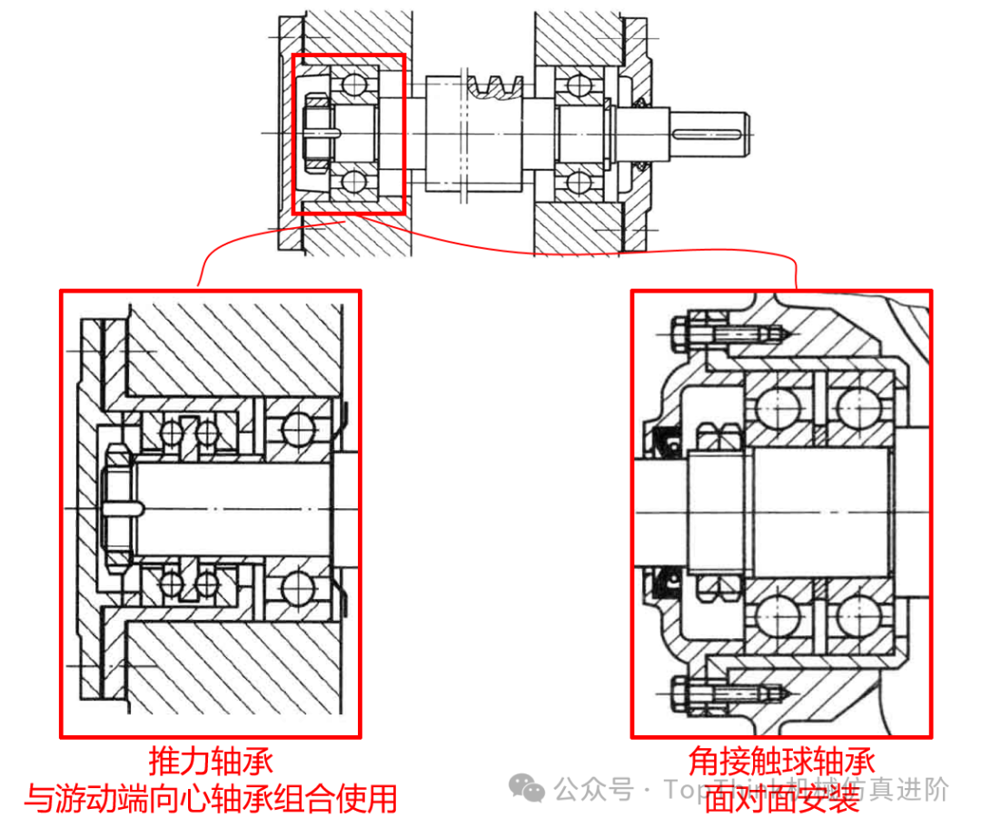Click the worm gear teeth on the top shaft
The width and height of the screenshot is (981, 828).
(495, 88)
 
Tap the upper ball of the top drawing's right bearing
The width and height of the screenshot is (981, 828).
(574, 86)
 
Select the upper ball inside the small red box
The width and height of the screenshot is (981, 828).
(351, 85)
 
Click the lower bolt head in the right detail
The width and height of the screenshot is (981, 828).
(680, 696)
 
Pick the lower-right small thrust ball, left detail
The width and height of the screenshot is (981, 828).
(208, 583)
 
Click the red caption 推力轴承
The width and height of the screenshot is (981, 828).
(211, 761)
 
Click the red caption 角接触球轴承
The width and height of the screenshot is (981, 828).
(781, 761)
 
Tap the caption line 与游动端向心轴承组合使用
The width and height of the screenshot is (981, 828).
(211, 799)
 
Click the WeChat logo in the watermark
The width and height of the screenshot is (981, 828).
(528, 788)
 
